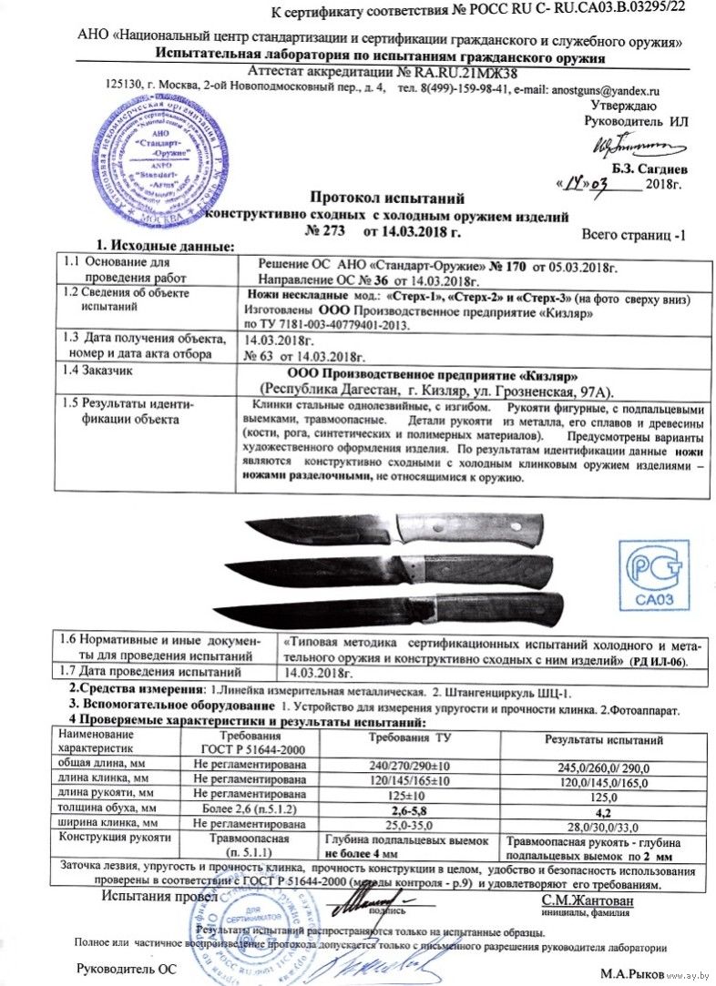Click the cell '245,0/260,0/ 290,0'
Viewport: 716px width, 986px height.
pyautogui.click(x=602, y=765)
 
